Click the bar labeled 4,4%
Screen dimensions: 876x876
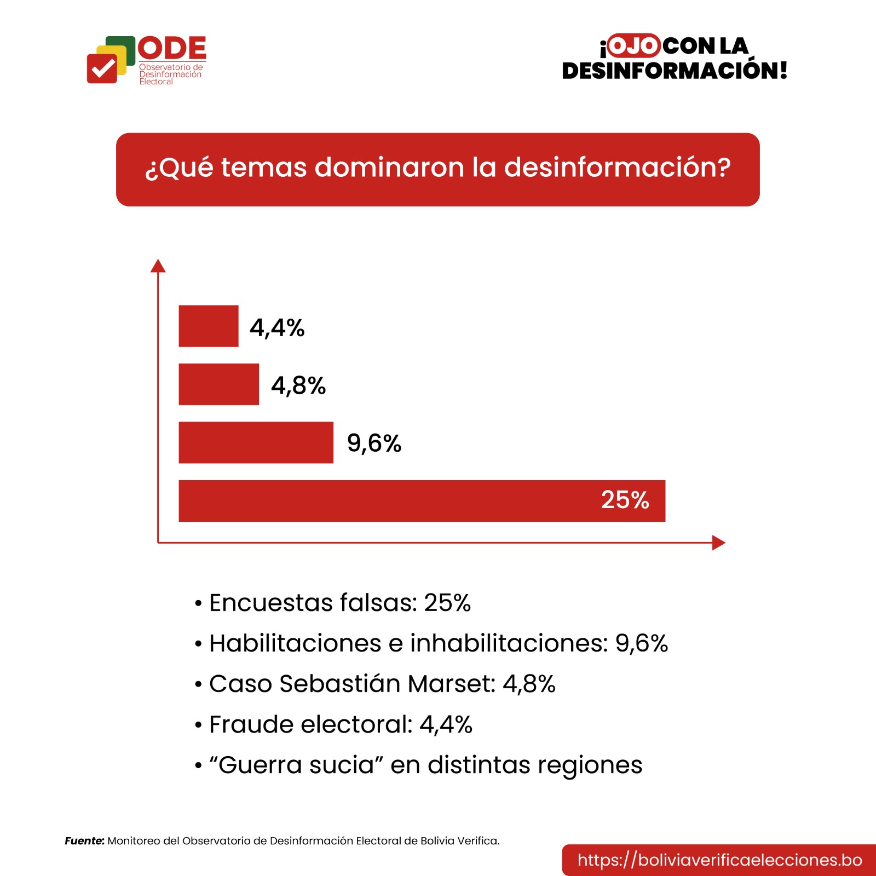coord(209,326)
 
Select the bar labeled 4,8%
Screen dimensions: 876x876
coord(219,384)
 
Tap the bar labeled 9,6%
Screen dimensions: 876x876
coord(256,442)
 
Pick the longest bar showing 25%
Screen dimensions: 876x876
coord(383,501)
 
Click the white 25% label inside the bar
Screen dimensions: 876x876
coord(625,500)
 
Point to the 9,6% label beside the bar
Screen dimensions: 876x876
coord(374,443)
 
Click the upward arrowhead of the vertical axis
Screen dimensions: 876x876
coord(158,266)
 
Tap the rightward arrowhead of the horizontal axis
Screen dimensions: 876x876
coord(718,543)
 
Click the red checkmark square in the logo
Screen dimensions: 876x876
coord(102,68)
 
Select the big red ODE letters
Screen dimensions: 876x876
coord(172,48)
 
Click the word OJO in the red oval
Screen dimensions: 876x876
coord(633,46)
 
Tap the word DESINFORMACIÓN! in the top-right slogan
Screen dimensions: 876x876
coord(675,71)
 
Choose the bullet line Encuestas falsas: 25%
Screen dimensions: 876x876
coord(339,603)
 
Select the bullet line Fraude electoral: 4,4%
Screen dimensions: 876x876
coord(341,724)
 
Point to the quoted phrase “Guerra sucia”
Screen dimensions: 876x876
coord(296,765)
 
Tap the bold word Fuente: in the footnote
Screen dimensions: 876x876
coord(84,841)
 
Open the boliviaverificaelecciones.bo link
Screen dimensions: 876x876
coord(719,860)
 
